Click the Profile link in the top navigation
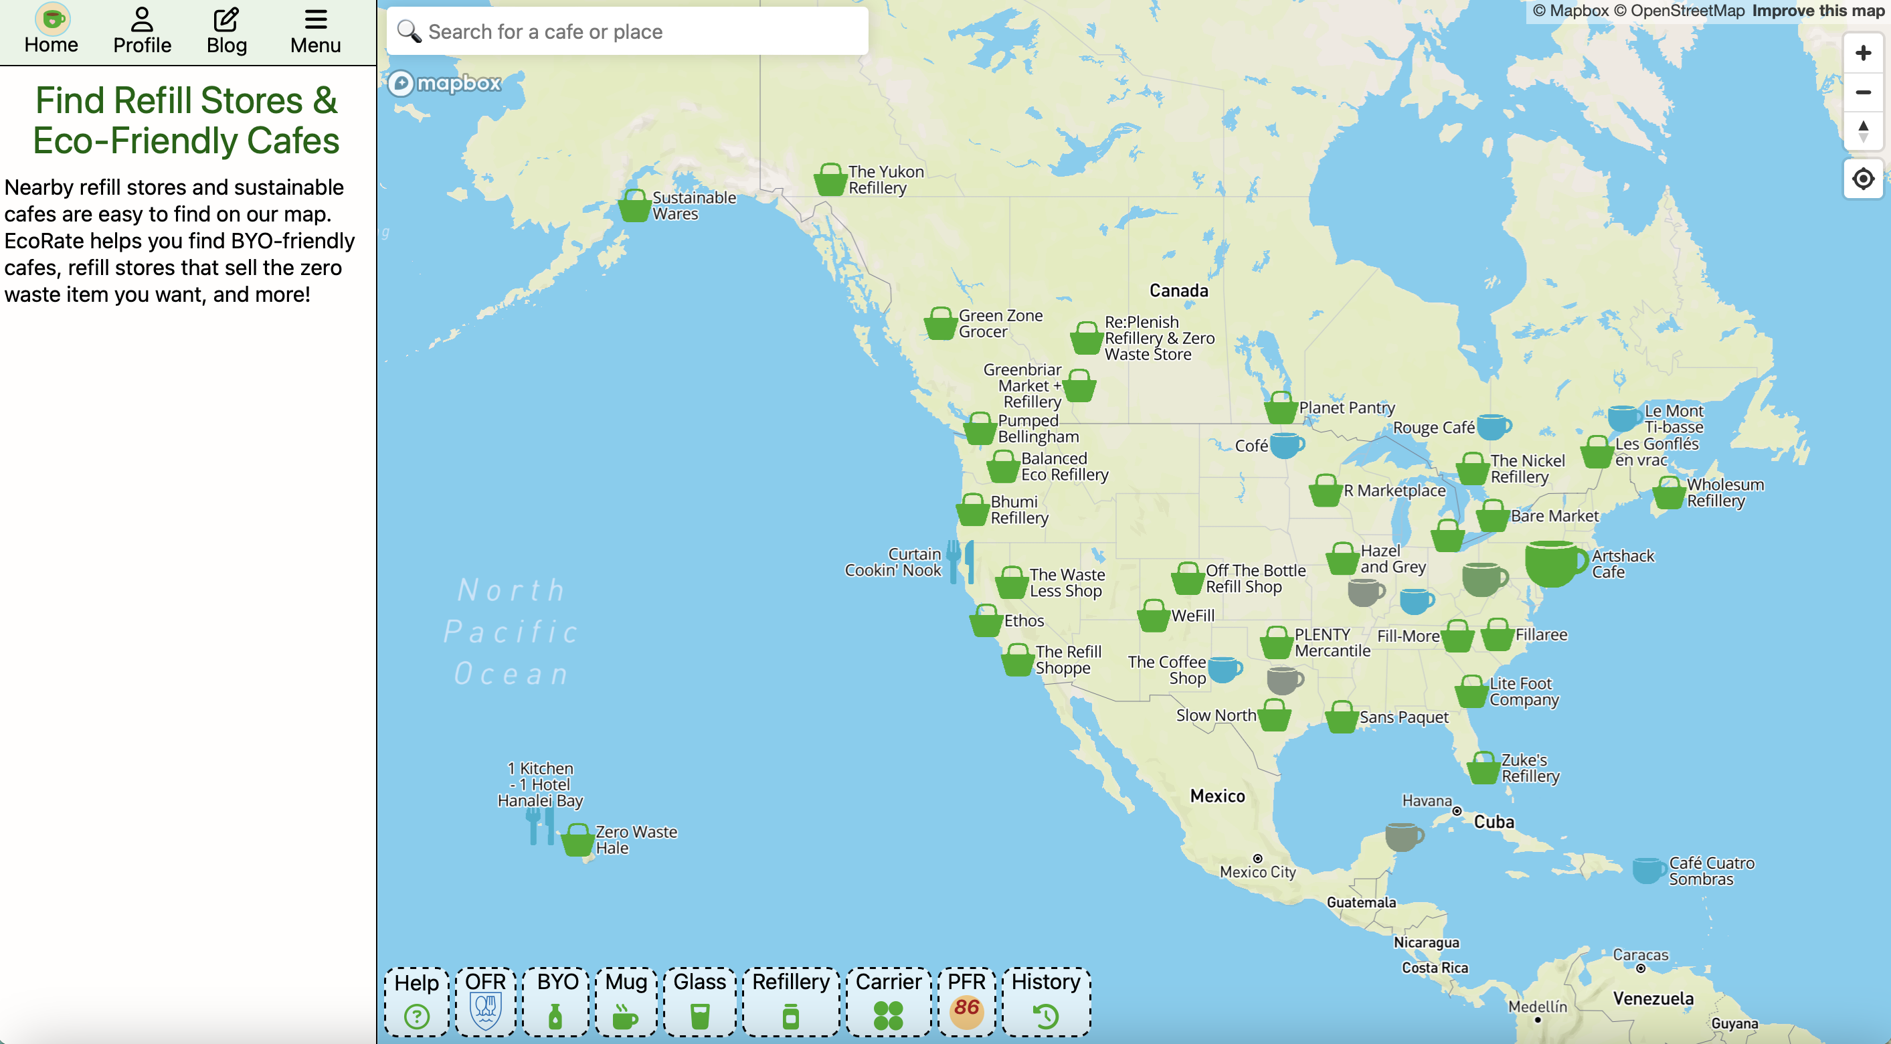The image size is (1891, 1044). click(x=142, y=31)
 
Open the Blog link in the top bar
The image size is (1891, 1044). click(x=226, y=31)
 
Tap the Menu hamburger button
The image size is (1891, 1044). click(x=315, y=31)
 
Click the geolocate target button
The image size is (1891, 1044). click(x=1862, y=179)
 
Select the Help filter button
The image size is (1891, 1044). click(x=416, y=1001)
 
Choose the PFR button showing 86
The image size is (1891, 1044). click(x=966, y=1001)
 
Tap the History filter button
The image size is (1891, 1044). click(x=1046, y=1001)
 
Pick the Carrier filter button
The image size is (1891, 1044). click(x=888, y=1001)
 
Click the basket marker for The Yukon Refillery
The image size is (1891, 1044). click(x=830, y=181)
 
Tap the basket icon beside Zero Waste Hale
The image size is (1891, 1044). click(x=577, y=841)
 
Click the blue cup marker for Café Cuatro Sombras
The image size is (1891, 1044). click(x=1648, y=871)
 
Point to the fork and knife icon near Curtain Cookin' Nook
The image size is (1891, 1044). click(x=960, y=561)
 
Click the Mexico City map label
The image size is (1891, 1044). click(x=1257, y=871)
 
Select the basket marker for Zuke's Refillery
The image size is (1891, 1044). click(x=1483, y=769)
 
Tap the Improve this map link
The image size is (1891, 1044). click(x=1817, y=11)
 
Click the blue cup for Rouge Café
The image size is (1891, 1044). click(x=1493, y=426)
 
